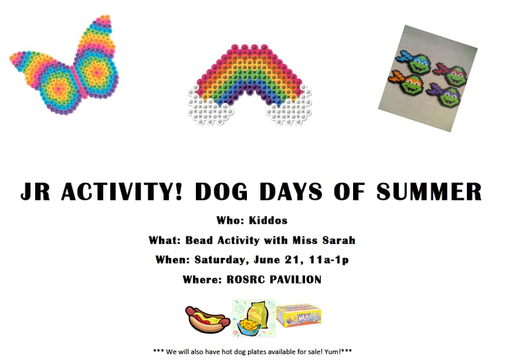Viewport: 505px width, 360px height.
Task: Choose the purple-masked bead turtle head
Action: point(445,94)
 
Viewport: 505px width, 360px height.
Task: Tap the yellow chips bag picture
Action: point(254,318)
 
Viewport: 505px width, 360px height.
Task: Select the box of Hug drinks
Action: point(299,315)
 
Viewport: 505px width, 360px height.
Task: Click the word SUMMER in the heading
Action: point(429,192)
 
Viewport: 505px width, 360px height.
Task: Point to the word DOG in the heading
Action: point(221,192)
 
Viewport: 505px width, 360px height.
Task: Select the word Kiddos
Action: point(268,220)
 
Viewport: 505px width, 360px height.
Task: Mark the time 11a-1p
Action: point(328,260)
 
